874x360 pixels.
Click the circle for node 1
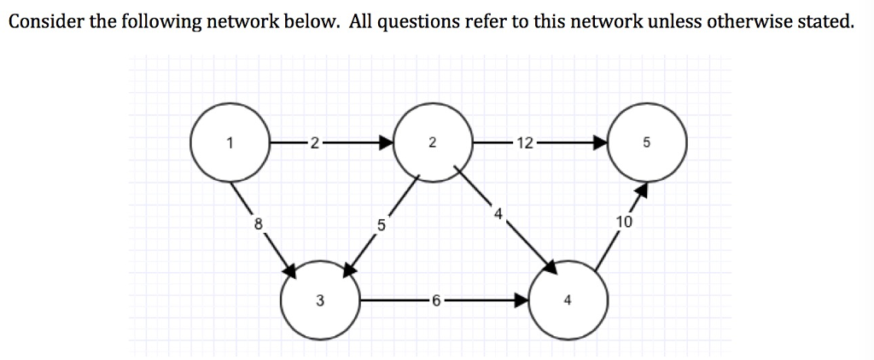pos(229,142)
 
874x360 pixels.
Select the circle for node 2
pos(433,142)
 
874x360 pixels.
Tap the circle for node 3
pos(319,299)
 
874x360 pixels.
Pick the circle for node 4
pos(568,299)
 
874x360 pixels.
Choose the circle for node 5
pos(646,142)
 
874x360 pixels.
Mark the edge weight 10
pos(623,224)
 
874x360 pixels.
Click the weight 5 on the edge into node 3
pos(381,227)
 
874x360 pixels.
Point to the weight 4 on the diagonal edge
pos(497,212)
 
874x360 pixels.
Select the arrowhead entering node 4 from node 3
pos(521,300)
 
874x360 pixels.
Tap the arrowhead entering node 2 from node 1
pos(387,143)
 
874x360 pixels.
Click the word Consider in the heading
pos(44,21)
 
